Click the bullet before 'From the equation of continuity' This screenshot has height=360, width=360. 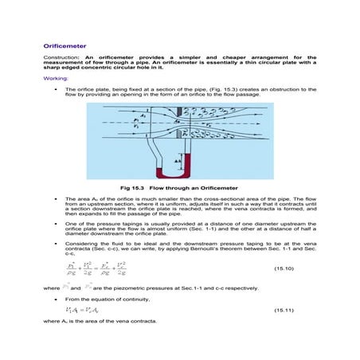click(x=55, y=297)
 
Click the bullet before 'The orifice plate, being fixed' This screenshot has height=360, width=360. click(x=55, y=91)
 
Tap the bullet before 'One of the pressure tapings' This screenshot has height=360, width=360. click(x=55, y=225)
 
